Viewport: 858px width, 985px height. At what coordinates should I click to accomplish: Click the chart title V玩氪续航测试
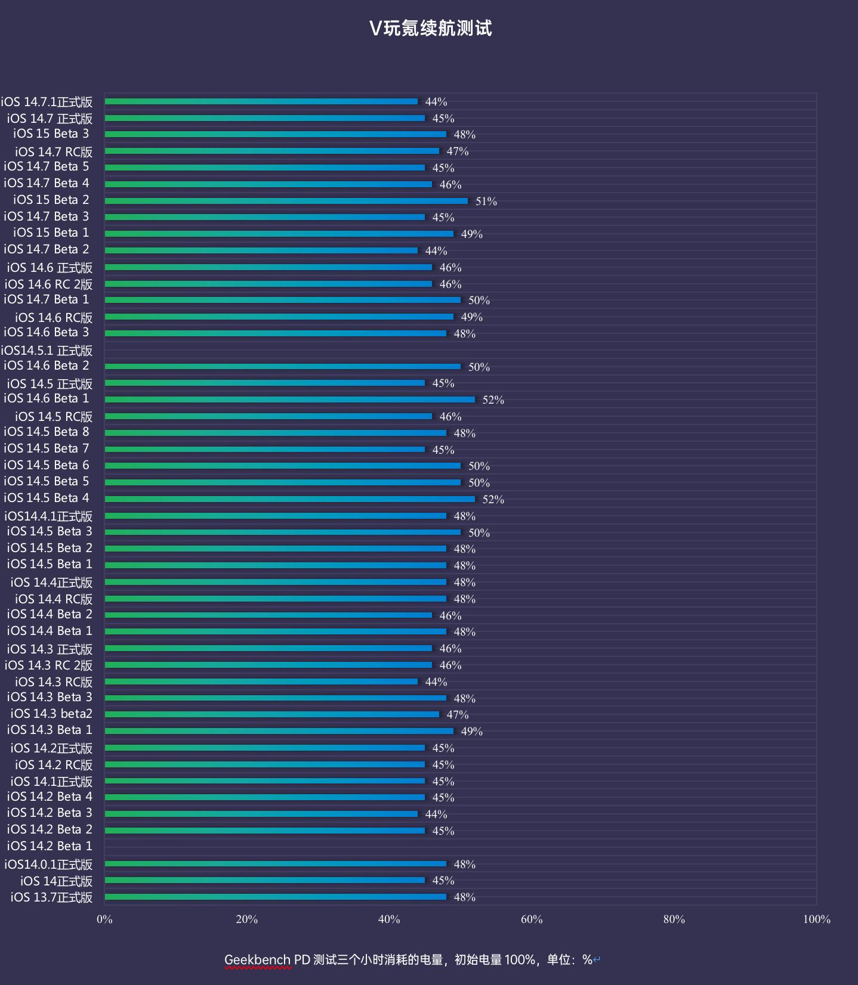click(x=430, y=28)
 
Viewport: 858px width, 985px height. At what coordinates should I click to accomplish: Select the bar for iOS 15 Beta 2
click(x=286, y=201)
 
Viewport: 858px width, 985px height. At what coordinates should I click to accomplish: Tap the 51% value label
click(x=486, y=202)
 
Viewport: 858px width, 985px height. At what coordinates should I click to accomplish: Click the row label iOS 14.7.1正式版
click(x=47, y=102)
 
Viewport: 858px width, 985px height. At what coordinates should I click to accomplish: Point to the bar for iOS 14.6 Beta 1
click(x=290, y=399)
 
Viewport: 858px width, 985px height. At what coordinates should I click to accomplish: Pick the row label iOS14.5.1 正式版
click(x=47, y=351)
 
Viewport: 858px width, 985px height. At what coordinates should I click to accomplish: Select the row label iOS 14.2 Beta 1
click(x=50, y=846)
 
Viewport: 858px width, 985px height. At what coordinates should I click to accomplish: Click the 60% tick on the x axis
click(x=532, y=919)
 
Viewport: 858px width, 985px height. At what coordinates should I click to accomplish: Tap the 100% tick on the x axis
click(x=816, y=919)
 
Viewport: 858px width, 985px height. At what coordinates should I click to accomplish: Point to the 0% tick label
click(x=104, y=919)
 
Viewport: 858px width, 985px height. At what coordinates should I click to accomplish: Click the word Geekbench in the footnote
click(x=258, y=959)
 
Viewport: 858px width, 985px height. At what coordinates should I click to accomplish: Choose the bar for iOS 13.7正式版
click(x=276, y=897)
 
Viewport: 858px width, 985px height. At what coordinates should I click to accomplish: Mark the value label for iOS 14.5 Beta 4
click(x=493, y=500)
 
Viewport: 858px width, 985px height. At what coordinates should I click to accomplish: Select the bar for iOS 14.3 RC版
click(x=261, y=682)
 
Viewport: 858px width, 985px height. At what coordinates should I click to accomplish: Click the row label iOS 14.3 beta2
click(x=51, y=714)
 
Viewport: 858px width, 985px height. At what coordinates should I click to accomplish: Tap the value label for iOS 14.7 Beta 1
click(x=479, y=301)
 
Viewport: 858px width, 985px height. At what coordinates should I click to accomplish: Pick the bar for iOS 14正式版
click(x=265, y=880)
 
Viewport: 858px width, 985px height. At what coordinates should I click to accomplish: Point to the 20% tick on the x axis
click(x=247, y=919)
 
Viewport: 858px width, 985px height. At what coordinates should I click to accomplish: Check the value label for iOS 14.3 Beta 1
click(x=471, y=732)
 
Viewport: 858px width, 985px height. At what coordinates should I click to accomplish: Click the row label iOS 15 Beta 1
click(x=51, y=233)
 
